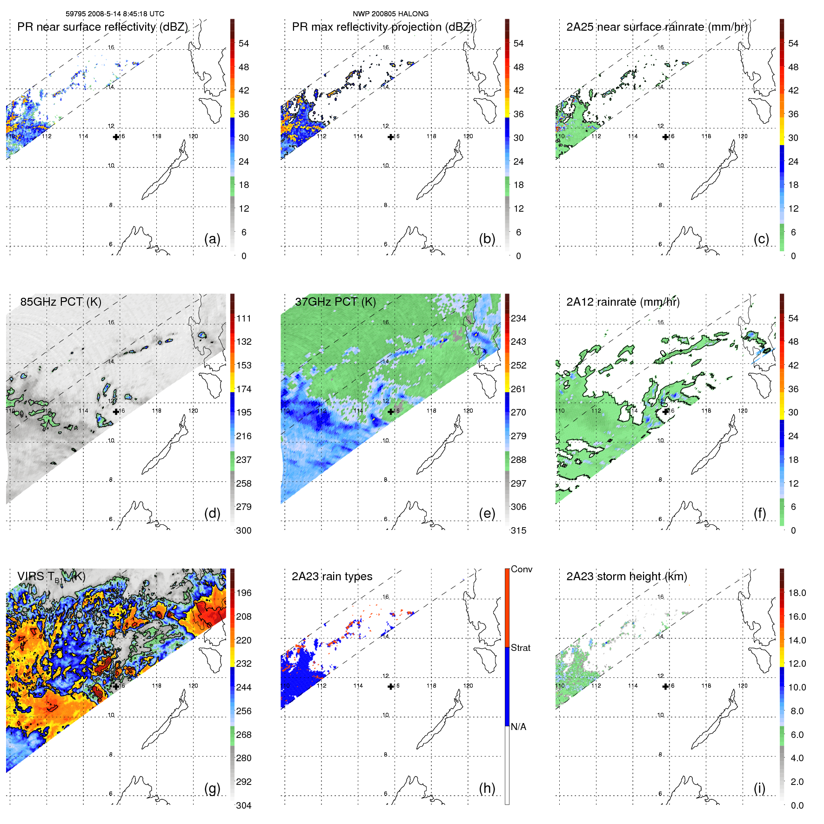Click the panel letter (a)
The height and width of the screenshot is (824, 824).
212,239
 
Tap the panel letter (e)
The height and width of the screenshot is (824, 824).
487,514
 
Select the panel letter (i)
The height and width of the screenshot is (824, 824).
759,788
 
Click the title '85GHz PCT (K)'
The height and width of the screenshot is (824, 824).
60,301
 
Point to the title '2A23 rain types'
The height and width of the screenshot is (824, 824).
332,576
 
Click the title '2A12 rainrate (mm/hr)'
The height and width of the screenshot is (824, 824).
623,301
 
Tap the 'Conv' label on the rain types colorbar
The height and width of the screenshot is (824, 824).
521,569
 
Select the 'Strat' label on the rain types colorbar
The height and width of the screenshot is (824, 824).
520,648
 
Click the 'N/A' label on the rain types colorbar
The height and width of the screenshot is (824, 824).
518,727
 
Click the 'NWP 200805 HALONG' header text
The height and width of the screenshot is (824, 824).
390,14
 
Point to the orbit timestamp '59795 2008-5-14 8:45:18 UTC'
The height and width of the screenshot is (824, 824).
114,14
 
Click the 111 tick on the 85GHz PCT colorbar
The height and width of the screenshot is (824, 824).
244,318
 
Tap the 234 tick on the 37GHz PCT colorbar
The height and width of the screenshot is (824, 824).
518,318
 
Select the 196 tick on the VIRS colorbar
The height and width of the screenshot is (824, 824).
244,593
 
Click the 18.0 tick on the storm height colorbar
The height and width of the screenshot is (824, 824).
797,593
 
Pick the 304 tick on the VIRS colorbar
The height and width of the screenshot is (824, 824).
244,805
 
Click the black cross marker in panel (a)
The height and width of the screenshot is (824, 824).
116,137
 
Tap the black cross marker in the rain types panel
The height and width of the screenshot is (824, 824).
391,686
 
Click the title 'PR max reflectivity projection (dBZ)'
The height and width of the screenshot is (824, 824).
382,27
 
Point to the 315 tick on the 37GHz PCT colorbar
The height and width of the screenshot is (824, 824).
518,530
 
